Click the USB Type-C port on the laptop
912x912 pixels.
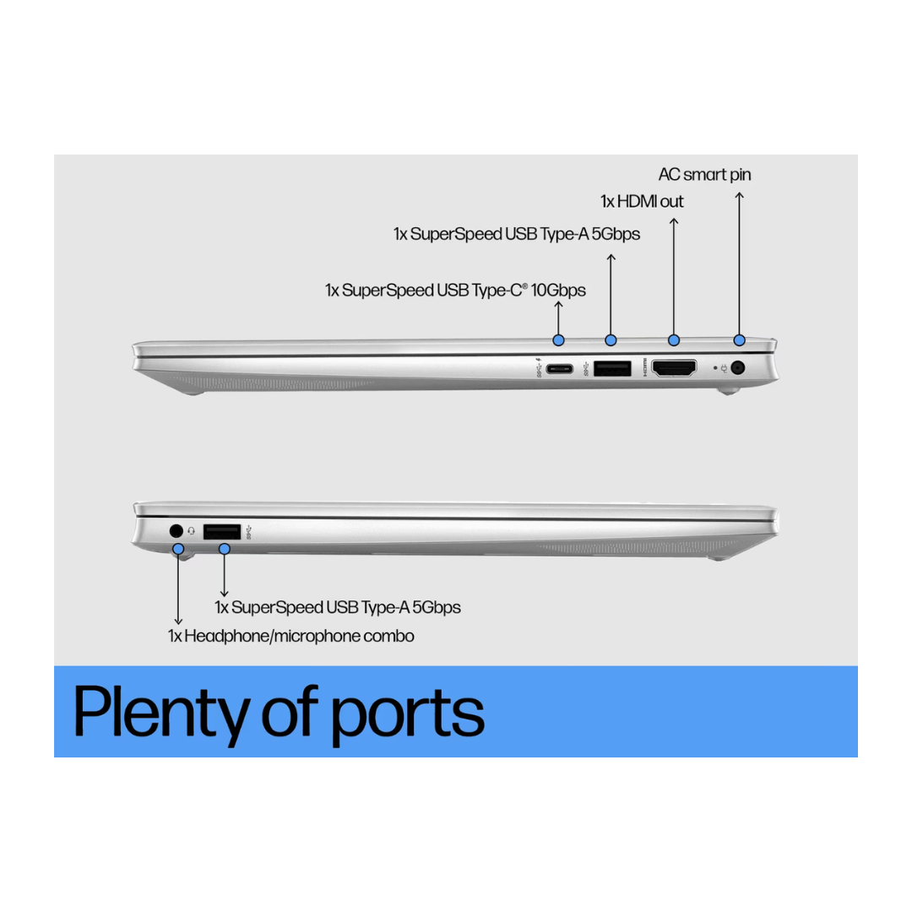coord(558,368)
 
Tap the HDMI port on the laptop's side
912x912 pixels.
coord(674,368)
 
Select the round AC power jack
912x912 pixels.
coord(738,367)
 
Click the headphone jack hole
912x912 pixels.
coord(176,530)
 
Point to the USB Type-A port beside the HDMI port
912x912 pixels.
coord(612,368)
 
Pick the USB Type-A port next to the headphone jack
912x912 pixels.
coord(222,531)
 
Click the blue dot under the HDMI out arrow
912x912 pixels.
coord(674,340)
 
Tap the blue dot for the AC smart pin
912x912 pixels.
coord(740,340)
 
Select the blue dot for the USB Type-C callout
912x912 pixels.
coord(558,340)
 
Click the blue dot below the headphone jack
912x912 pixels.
coord(178,549)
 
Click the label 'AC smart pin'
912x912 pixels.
coord(704,175)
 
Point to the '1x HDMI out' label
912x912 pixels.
coord(642,202)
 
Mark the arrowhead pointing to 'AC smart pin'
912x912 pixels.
coord(739,197)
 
